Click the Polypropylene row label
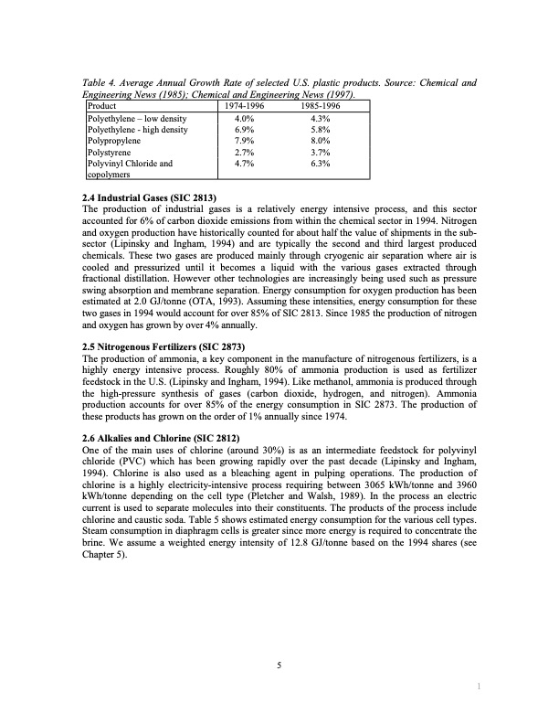[x=113, y=143]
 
